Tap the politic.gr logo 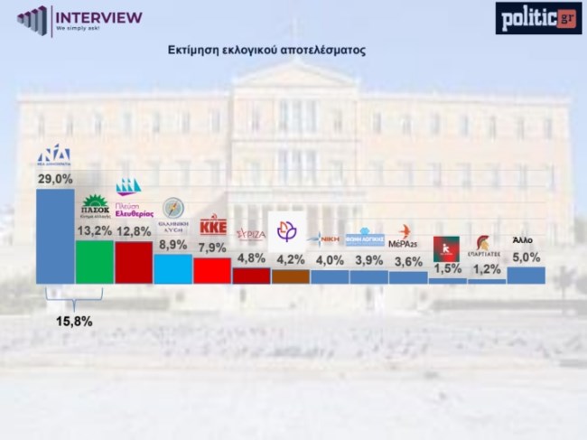538,17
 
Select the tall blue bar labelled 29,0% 54,235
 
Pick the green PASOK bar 94,260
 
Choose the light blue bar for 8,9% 172,268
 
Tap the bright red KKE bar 211,270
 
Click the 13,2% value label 94,231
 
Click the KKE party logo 212,227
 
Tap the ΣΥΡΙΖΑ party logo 250,233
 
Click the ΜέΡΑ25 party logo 405,238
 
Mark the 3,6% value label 406,262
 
